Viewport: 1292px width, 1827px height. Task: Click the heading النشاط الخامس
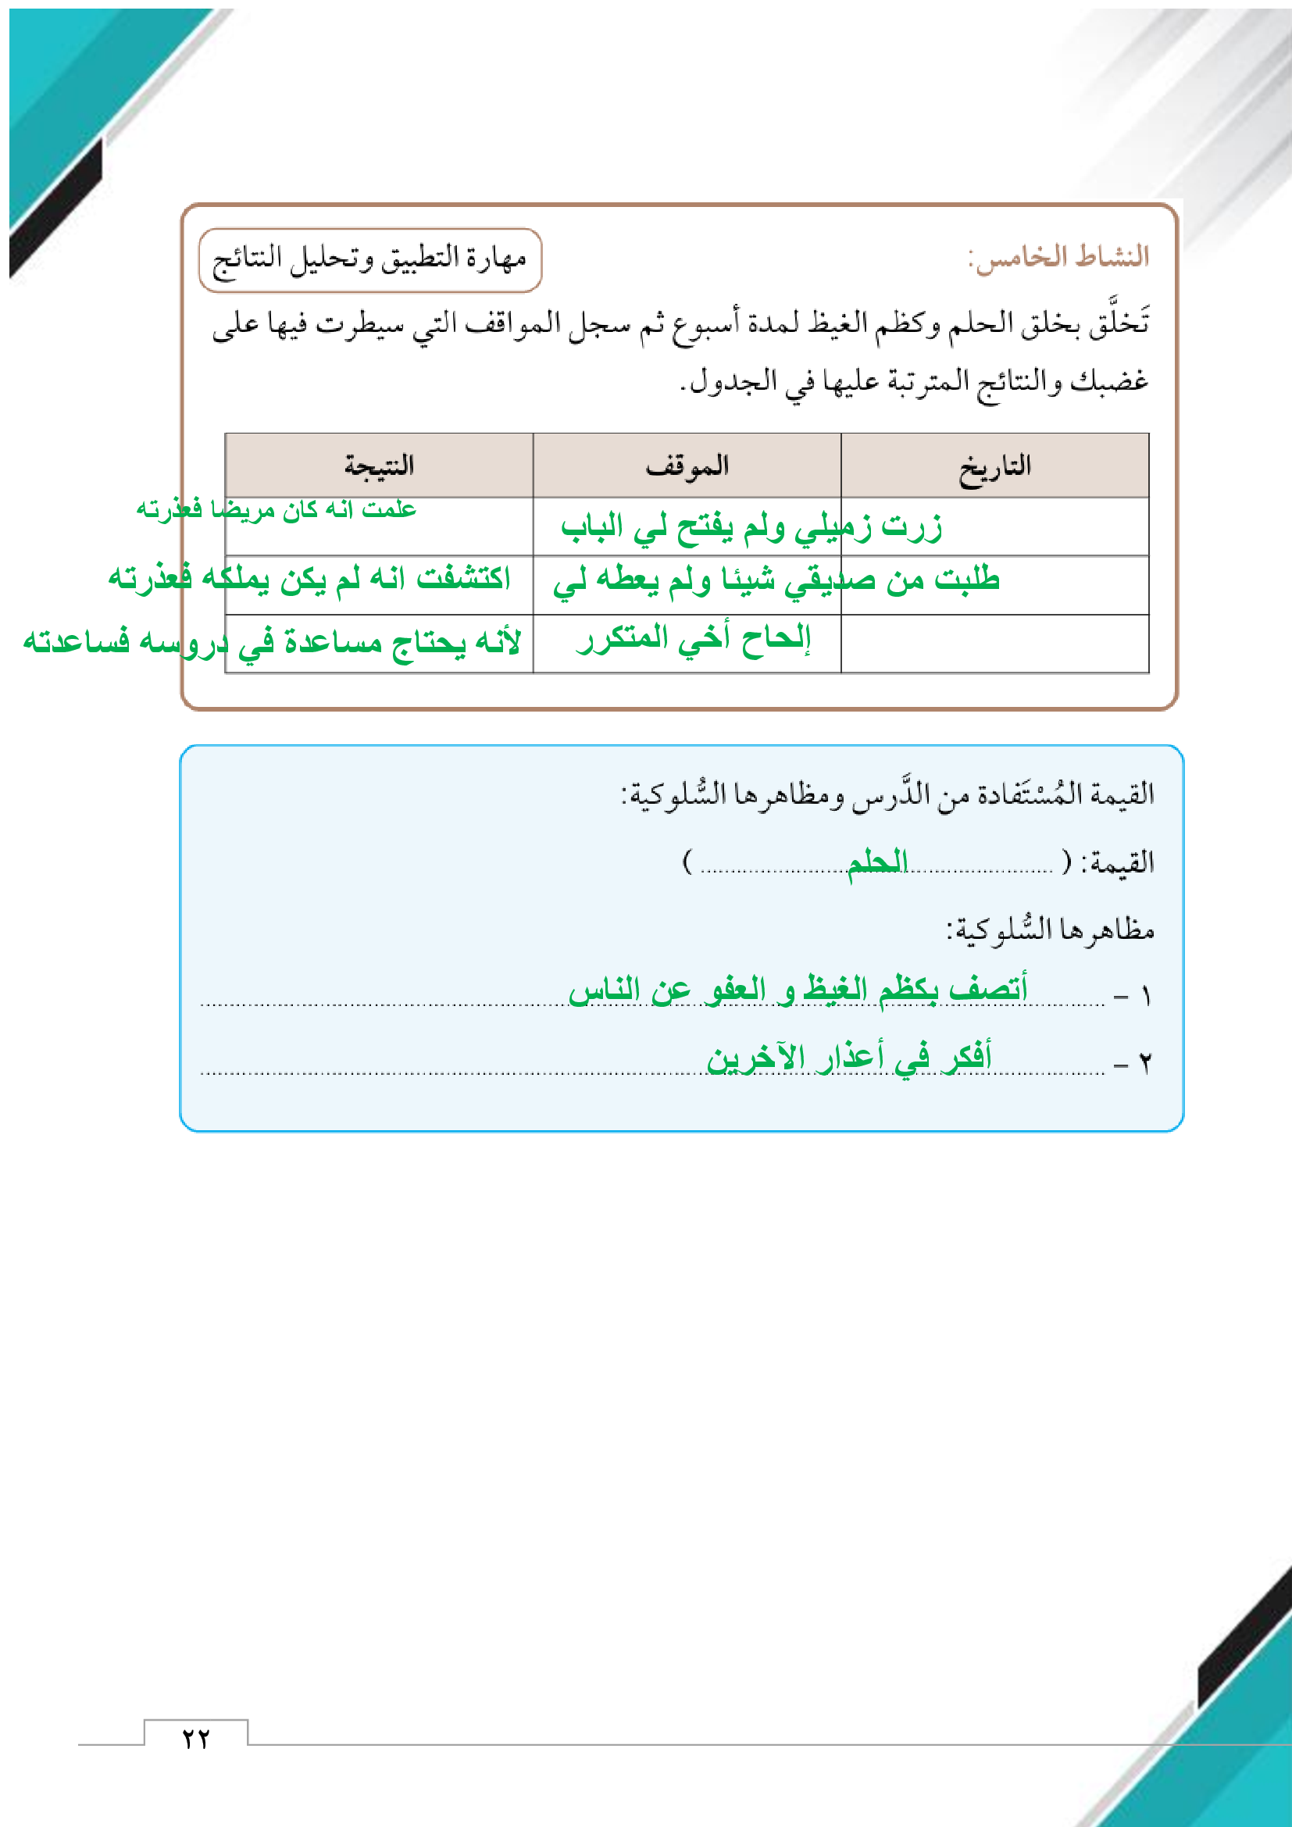click(x=1058, y=257)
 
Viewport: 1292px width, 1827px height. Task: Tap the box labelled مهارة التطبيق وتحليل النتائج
click(x=370, y=259)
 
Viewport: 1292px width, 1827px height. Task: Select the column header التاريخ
click(x=994, y=466)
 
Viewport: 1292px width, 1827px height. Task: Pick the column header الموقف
click(x=687, y=466)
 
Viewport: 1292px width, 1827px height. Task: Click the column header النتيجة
click(x=379, y=466)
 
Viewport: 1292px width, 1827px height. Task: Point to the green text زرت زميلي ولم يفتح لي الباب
click(x=751, y=527)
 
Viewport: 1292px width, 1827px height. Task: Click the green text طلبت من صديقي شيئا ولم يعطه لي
click(x=776, y=581)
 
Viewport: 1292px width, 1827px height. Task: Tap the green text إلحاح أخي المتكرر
click(x=694, y=639)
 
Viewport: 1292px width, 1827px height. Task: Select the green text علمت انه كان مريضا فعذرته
click(x=276, y=509)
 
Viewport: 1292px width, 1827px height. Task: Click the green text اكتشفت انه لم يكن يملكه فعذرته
click(x=309, y=579)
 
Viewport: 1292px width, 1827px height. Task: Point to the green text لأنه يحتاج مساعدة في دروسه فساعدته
click(x=272, y=641)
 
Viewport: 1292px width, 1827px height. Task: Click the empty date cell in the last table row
click(x=994, y=644)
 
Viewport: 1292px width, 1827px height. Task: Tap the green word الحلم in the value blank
click(x=876, y=862)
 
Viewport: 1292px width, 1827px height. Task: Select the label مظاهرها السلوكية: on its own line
click(x=1050, y=930)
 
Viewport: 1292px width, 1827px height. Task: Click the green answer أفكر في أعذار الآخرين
click(x=849, y=1058)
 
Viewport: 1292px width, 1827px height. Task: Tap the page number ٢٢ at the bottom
click(x=196, y=1739)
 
